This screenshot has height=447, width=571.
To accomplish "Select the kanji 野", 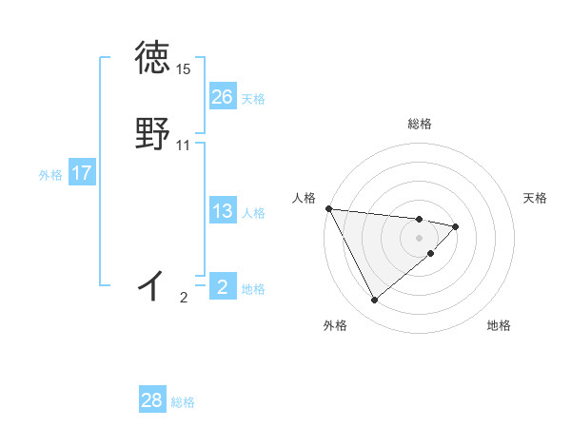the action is coord(152,134).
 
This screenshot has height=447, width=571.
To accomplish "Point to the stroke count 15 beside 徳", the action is coord(183,69).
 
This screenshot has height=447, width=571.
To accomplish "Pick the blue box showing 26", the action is coord(222,97).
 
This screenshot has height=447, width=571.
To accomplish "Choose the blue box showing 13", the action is coord(222,211).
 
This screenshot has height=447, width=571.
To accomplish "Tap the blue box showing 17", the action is coord(81,174).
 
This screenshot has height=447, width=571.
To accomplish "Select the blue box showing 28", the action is coord(152,401).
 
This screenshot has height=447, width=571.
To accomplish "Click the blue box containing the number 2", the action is coord(222,287).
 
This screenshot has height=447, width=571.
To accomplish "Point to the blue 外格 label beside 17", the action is coord(50,175).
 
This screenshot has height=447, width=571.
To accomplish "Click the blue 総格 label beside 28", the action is coord(183,402).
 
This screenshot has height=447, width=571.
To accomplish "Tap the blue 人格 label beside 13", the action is coord(253,212).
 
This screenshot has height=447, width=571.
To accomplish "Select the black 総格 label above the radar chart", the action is coord(420,124).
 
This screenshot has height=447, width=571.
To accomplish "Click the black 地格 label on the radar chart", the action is coord(499,325).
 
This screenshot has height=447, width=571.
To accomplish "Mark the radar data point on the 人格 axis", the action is coord(328,208).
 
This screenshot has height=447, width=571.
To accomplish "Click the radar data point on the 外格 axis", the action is coord(374,301).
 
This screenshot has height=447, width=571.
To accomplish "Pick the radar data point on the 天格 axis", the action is coord(456,226).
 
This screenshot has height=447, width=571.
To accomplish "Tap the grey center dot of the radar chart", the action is coord(420,237).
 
